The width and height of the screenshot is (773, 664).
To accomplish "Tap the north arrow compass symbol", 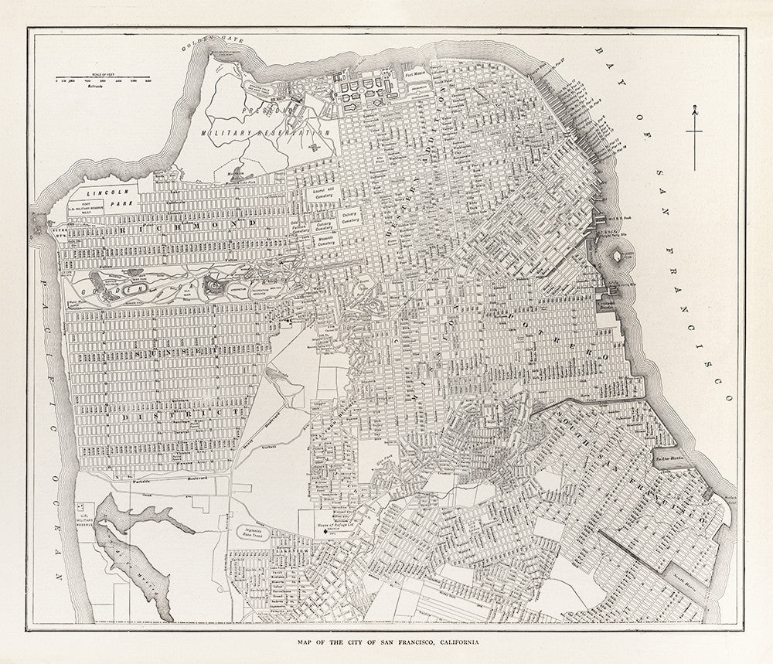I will click(x=695, y=135).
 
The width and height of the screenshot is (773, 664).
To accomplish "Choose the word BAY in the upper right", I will click(x=604, y=63).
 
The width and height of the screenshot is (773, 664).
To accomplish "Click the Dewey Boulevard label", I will click(x=271, y=422).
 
